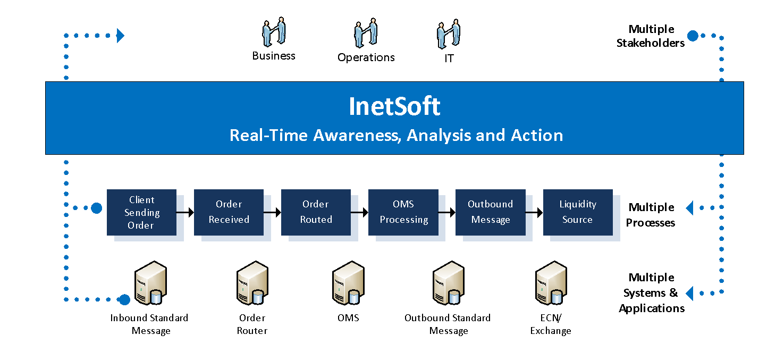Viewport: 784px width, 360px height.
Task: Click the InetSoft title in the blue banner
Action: click(394, 106)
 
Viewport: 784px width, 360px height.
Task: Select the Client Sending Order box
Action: click(141, 212)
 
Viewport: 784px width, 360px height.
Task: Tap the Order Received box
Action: click(229, 212)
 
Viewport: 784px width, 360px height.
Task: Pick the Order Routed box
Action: click(316, 212)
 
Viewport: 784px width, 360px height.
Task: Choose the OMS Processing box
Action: click(403, 212)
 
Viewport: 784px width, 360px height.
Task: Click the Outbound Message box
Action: click(491, 212)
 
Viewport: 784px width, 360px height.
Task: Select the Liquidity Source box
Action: click(578, 212)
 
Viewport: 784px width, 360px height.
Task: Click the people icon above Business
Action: click(274, 31)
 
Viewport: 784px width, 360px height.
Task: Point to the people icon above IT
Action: click(449, 34)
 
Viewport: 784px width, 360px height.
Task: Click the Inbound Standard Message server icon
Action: click(150, 283)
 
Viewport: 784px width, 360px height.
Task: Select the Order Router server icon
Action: click(252, 283)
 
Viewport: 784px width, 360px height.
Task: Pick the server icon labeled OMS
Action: click(348, 283)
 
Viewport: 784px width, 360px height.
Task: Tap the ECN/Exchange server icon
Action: click(551, 283)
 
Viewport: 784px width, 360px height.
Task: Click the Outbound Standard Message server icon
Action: click(449, 283)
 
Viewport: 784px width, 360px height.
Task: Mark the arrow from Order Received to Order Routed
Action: click(272, 212)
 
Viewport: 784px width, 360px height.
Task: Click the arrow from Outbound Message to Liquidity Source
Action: click(534, 212)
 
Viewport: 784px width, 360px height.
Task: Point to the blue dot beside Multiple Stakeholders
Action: click(693, 36)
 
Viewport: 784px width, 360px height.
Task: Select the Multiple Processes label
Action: click(651, 215)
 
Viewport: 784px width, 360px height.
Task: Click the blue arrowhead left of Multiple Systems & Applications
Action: click(689, 293)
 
